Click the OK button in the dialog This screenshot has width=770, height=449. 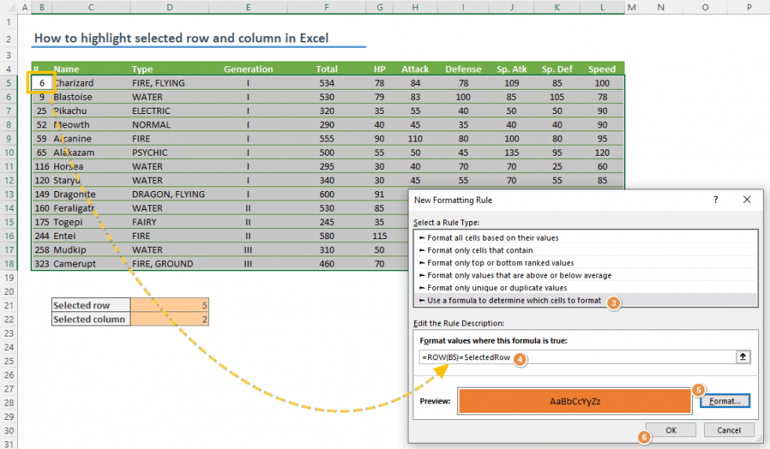(670, 430)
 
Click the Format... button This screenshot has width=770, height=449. (724, 401)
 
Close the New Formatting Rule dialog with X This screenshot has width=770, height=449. (746, 200)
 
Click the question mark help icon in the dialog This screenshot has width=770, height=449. (715, 200)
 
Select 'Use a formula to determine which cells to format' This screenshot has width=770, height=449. (514, 300)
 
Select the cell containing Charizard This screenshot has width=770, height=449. (74, 83)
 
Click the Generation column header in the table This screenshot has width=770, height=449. (248, 69)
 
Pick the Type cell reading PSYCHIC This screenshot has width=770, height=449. (149, 153)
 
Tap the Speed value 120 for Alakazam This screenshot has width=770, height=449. (602, 153)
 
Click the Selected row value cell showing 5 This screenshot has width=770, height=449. (170, 305)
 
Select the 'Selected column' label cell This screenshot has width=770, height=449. (91, 319)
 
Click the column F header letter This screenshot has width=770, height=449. (326, 7)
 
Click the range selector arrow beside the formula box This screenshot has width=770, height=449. (741, 357)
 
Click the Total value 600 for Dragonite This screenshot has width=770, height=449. (326, 194)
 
